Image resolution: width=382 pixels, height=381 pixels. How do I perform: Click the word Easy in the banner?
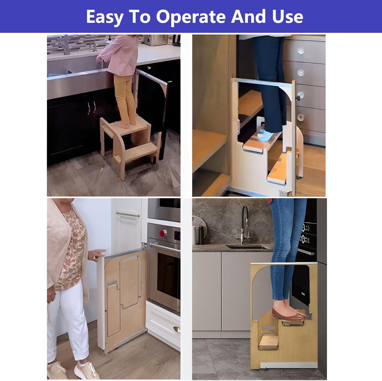click(x=105, y=17)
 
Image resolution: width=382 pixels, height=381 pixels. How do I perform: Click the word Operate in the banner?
click(x=191, y=17)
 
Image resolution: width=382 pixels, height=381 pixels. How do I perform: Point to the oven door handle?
click(x=165, y=248)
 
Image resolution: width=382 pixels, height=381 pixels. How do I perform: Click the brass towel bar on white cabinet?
click(x=128, y=214)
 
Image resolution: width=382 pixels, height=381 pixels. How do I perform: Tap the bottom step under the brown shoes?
click(x=269, y=342)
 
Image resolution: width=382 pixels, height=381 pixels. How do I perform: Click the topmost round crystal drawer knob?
click(x=301, y=50)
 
